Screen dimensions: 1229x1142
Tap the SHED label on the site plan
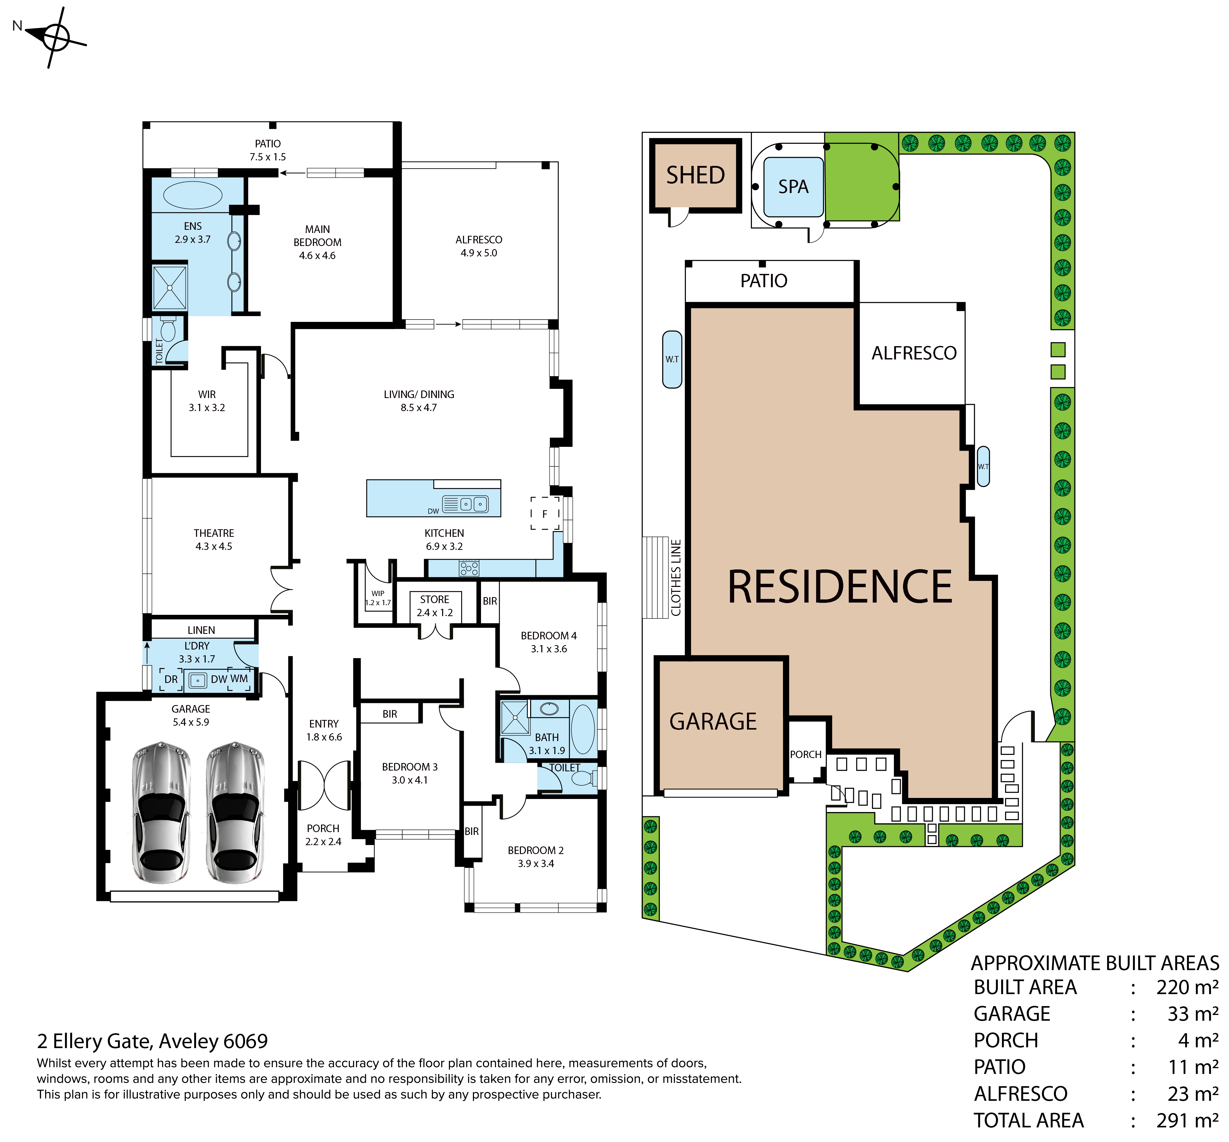696,176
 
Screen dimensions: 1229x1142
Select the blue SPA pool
794,187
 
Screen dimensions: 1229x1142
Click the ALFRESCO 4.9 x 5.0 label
479,246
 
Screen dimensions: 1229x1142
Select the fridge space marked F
545,514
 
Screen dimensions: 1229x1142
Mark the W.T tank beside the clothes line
672,360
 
